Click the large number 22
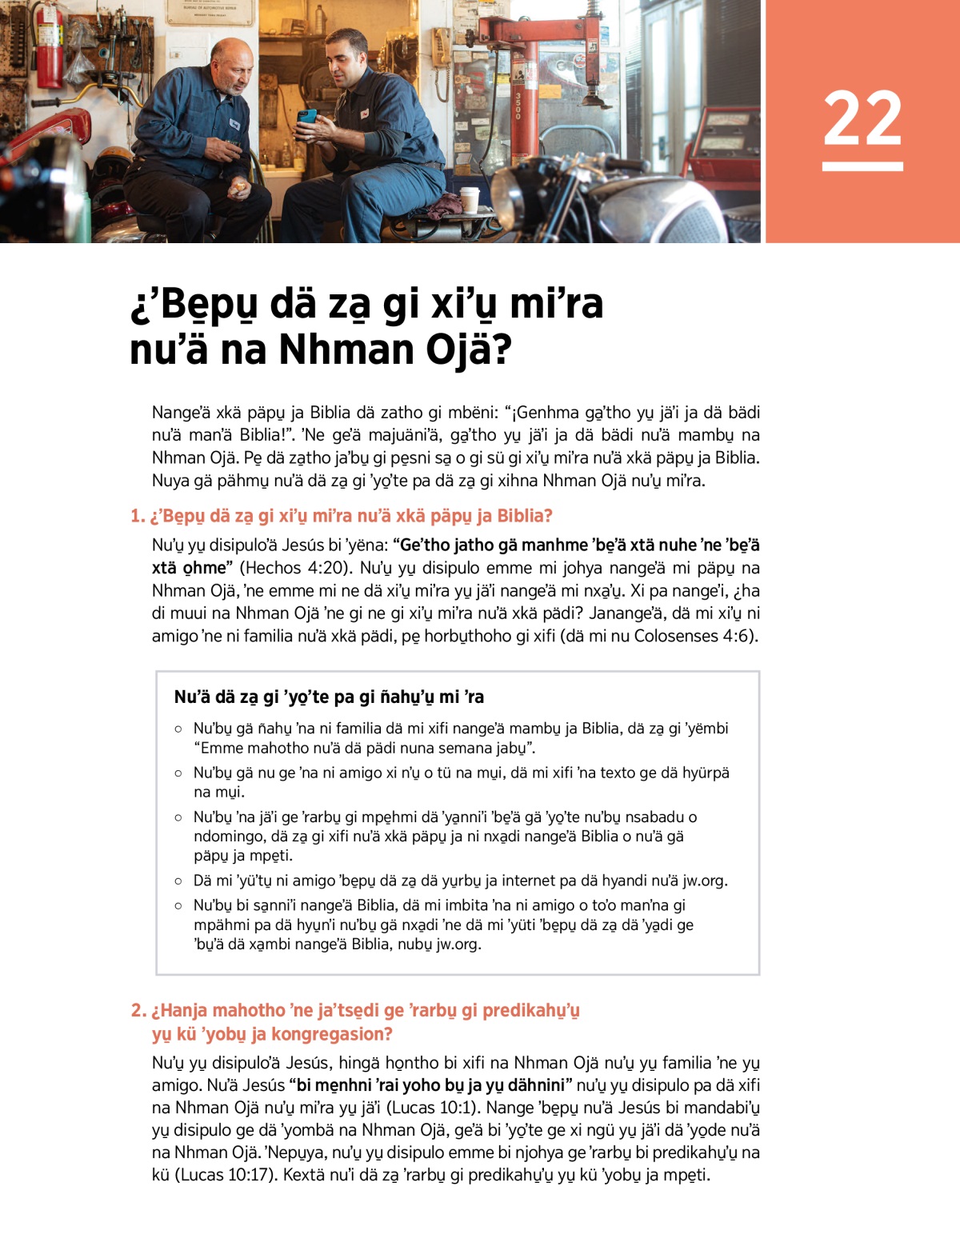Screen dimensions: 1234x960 point(862,118)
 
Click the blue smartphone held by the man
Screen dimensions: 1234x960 point(307,118)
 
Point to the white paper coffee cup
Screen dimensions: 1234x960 point(469,199)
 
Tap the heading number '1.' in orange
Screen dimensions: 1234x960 point(138,516)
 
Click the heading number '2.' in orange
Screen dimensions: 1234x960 point(138,1010)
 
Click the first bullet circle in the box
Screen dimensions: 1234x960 point(178,729)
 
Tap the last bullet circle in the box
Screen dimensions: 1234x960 point(178,906)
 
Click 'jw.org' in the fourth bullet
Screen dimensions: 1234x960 point(703,881)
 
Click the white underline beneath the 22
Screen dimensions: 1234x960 point(862,166)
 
